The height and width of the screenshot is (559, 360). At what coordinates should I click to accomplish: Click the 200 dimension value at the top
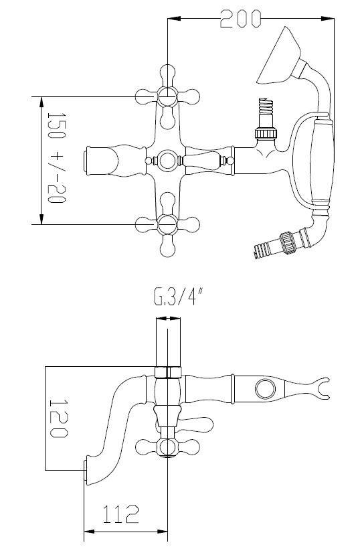241,20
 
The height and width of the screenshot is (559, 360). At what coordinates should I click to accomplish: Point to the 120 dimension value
59,419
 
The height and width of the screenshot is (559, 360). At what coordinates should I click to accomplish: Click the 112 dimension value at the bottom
120,514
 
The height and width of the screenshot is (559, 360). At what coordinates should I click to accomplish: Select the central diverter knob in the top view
167,161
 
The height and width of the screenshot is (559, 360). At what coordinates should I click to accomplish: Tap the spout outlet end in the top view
87,161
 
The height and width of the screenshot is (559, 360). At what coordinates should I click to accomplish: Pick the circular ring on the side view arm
264,388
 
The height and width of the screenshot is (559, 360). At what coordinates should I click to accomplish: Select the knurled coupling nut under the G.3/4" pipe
167,372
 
